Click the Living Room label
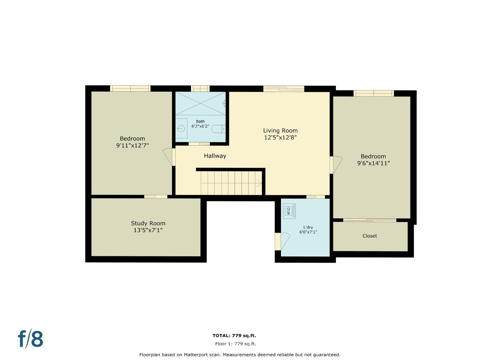click(280, 131)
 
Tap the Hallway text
click(215, 156)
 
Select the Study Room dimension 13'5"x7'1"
click(148, 230)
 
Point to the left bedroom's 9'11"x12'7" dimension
click(132, 145)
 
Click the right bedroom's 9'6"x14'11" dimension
click(373, 163)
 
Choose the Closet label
click(370, 236)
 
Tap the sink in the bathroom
click(181, 128)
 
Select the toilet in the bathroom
click(219, 129)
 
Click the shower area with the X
click(200, 103)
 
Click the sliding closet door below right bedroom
click(370, 220)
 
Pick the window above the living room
click(284, 89)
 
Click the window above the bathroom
click(200, 88)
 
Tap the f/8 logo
click(30, 339)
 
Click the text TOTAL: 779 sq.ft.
click(234, 336)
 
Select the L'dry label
click(308, 227)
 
